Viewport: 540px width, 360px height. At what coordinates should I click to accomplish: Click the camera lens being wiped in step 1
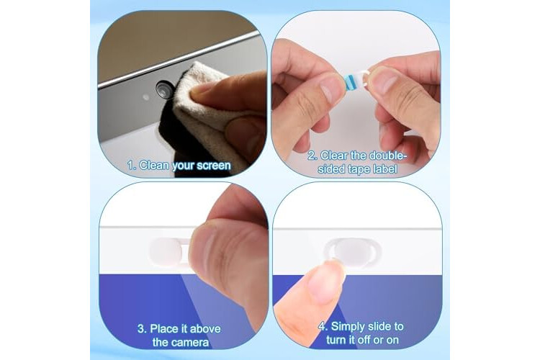163,89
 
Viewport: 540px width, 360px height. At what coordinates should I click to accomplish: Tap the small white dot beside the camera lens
146,97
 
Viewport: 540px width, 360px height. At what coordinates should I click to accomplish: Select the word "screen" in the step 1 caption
214,166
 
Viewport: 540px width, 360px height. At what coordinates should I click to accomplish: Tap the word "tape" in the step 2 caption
359,169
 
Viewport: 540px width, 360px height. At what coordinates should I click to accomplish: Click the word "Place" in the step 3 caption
166,328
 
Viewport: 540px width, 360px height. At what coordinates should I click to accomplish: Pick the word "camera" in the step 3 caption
190,343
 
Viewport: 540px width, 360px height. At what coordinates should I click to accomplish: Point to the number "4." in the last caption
323,326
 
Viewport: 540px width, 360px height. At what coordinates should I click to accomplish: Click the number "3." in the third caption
143,328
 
